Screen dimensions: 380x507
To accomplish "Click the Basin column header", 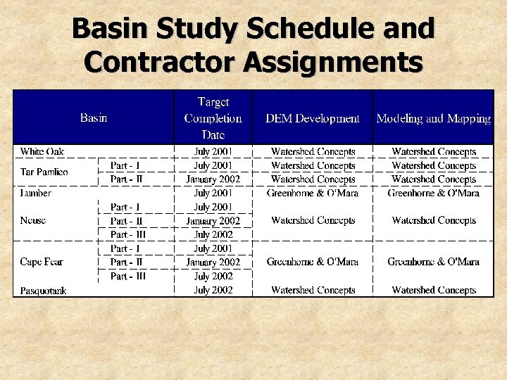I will pos(94,118).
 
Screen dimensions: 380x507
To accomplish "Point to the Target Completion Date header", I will pos(213,118).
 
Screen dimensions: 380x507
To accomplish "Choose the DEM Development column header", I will pos(312,118).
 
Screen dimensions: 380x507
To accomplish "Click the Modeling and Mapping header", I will pos(433,118).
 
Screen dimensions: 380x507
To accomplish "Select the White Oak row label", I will pos(42,151).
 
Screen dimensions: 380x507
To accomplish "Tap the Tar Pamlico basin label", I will pos(44,172).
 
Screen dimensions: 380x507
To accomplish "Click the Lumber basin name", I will pos(36,192).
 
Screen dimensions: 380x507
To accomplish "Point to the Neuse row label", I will pos(33,220).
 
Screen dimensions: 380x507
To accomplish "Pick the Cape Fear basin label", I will pos(42,262).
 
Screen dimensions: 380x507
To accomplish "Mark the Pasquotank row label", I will pos(44,290).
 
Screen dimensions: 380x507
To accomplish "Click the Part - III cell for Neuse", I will pos(128,234).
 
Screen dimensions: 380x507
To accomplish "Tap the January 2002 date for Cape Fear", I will pos(213,262).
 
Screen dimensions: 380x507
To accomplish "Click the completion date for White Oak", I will pos(213,151).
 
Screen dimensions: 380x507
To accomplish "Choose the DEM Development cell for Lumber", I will pos(312,192).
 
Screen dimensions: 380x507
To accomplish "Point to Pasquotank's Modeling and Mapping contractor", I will pos(433,290).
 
